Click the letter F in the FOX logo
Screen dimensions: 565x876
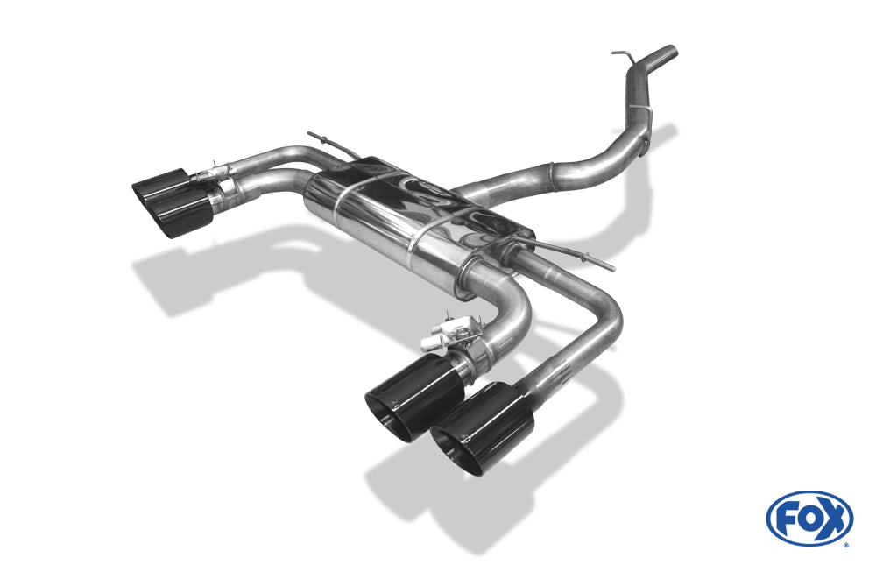(x=788, y=519)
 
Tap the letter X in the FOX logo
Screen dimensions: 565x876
(x=833, y=519)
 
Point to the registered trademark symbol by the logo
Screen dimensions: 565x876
(x=845, y=545)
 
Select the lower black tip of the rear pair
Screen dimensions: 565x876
(x=180, y=215)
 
